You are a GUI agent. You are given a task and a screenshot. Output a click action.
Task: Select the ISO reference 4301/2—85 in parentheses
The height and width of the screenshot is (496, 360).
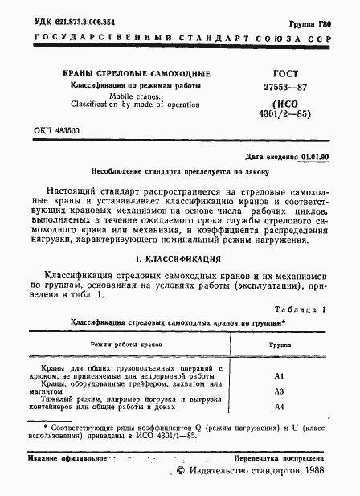point(288,109)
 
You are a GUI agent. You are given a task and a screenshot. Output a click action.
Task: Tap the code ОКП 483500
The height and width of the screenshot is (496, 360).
point(59,130)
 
